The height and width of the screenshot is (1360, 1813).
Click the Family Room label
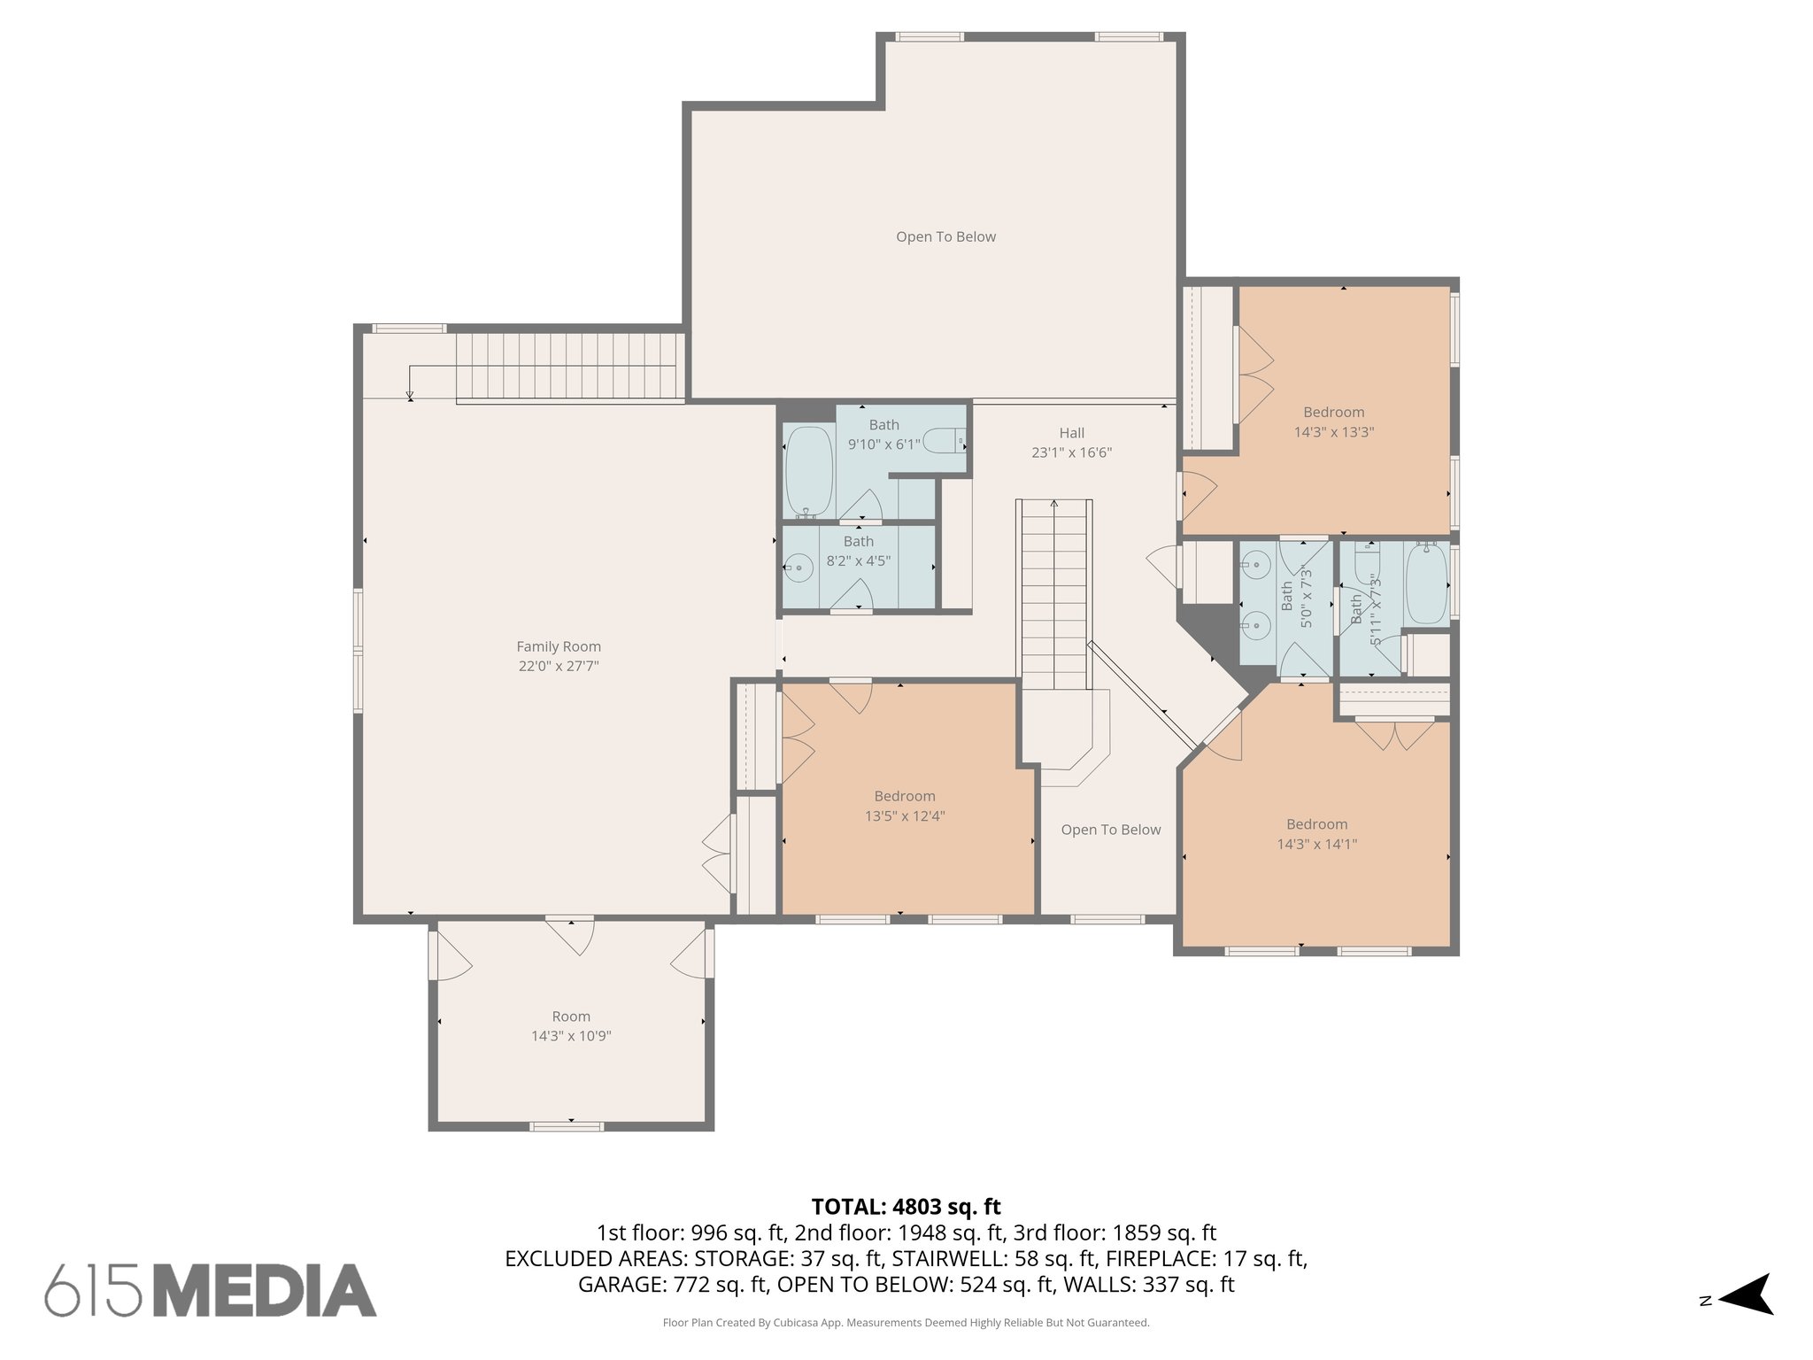pos(559,646)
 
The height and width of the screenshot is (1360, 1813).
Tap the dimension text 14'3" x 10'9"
pos(571,1036)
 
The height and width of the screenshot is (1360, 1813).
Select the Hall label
pos(1071,433)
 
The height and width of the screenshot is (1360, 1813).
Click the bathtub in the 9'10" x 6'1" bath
pos(808,472)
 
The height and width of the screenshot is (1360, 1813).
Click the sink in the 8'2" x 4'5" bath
pos(799,567)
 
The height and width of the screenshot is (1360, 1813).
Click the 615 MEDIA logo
pos(211,1290)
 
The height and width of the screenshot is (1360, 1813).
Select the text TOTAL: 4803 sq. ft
pos(906,1207)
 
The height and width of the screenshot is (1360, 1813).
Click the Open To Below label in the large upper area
pos(945,236)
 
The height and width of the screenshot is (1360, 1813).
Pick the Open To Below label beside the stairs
pos(1110,830)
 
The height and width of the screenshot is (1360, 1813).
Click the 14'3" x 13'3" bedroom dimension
pos(1333,432)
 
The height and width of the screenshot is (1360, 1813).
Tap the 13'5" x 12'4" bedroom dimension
pos(905,816)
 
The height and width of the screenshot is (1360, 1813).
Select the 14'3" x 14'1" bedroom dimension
pos(1316,844)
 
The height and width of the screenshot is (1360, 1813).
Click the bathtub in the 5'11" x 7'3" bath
pos(1426,584)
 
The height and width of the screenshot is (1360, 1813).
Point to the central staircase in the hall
pos(1053,593)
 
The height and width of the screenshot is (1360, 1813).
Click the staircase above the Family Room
pos(570,366)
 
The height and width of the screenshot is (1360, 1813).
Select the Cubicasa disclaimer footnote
pos(906,1323)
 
